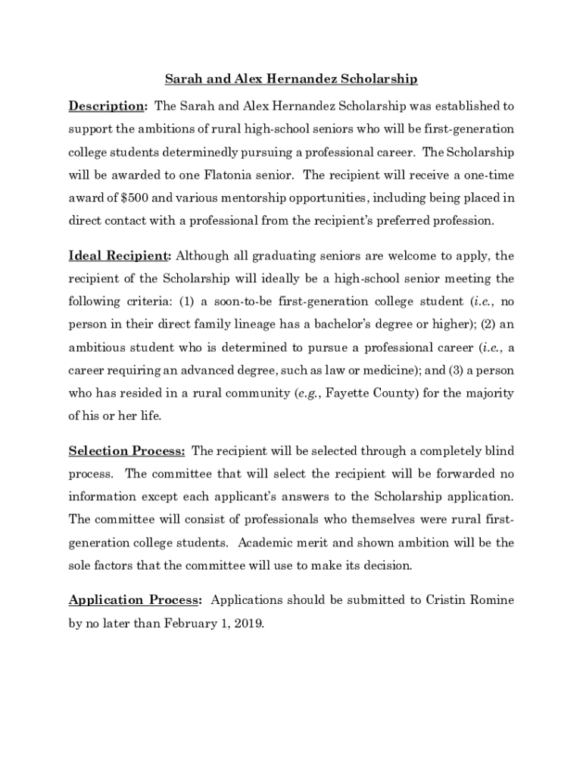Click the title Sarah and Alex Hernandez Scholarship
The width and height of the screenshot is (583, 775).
click(291, 79)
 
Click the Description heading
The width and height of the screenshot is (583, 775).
click(107, 105)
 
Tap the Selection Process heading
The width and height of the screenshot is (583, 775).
click(126, 451)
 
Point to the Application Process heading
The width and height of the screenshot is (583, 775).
click(135, 600)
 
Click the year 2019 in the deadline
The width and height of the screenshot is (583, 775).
click(250, 624)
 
